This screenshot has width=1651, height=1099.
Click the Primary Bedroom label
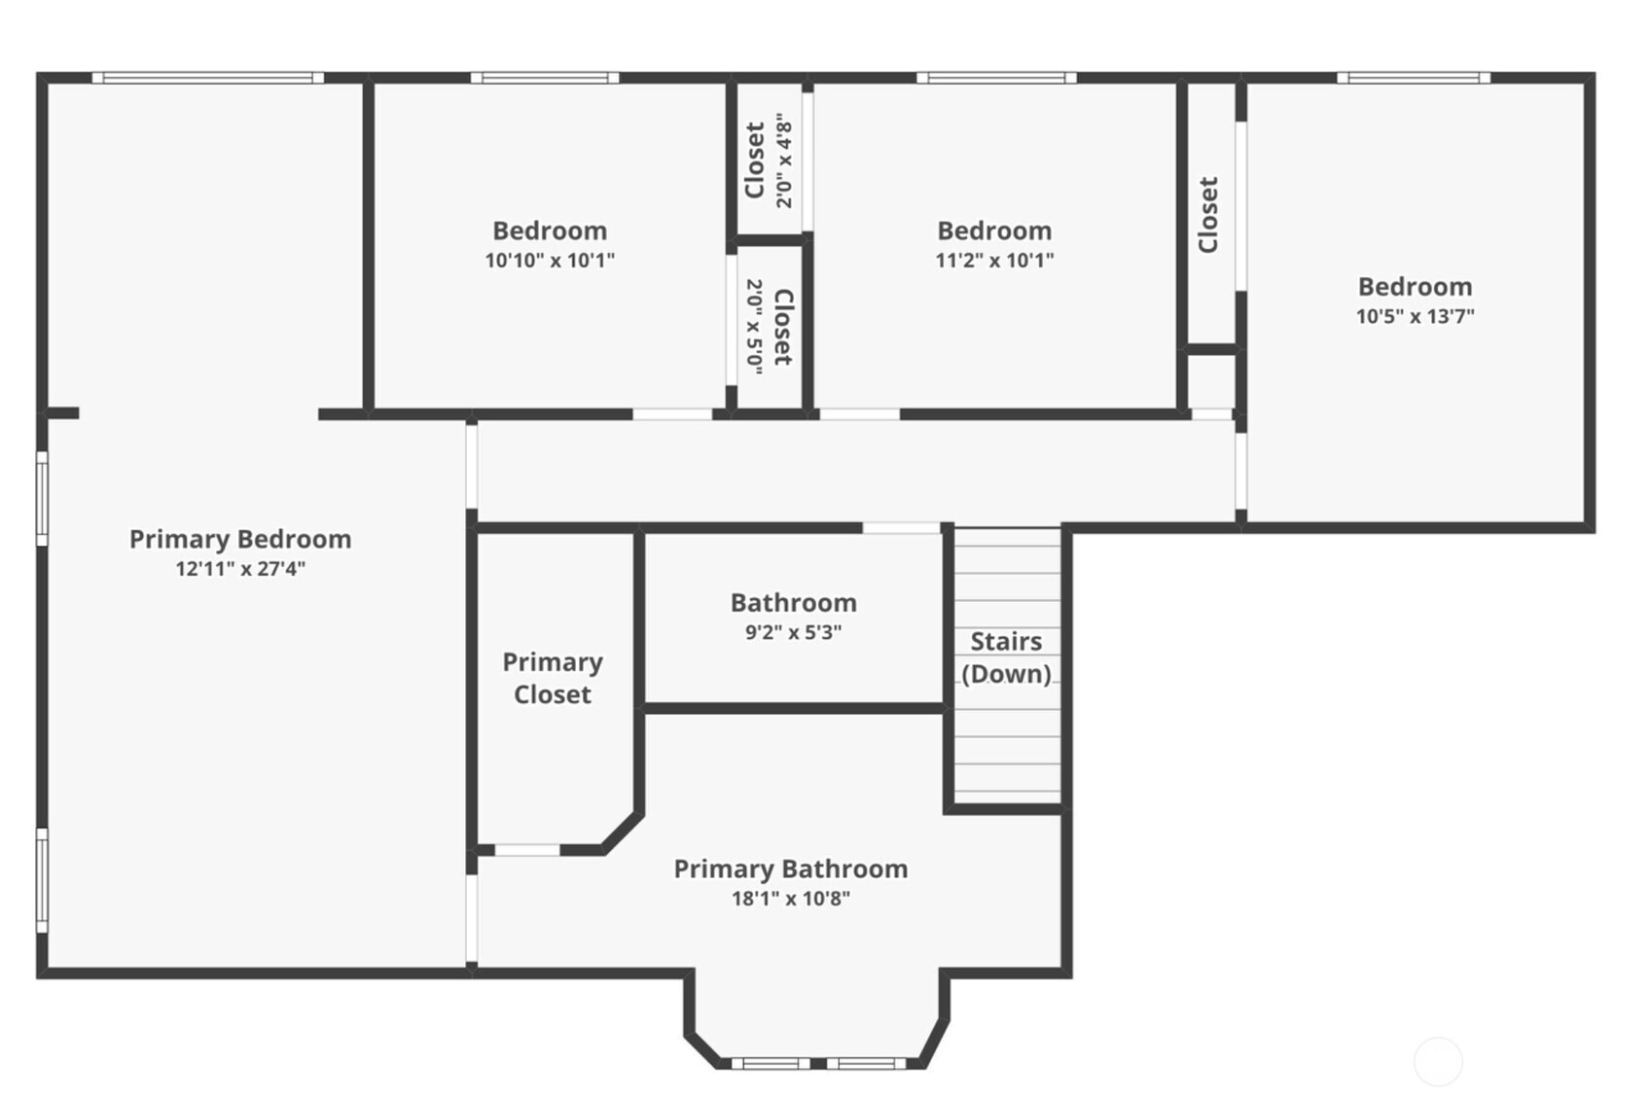pos(240,540)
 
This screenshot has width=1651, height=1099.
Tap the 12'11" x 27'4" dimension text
pos(240,569)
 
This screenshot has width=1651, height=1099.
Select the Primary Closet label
pos(553,679)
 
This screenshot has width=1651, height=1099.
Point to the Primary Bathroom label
pos(791,869)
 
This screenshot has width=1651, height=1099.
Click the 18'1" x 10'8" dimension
pos(791,899)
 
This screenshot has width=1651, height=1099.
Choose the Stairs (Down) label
pos(1006,657)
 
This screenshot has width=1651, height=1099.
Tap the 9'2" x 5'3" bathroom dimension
pos(793,632)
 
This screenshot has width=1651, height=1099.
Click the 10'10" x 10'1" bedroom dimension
pos(550,260)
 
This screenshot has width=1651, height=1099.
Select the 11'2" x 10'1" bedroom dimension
pos(994,260)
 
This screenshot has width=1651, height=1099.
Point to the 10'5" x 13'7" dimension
pos(1416,316)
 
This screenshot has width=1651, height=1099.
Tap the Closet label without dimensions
pos(1208,214)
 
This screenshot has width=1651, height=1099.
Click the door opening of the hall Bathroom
pos(902,528)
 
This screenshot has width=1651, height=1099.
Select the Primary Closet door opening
pos(527,850)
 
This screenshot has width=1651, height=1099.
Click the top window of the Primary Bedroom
pos(208,78)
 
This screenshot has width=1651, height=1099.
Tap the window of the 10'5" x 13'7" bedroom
pos(1414,78)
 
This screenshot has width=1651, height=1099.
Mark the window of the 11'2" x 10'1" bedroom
pos(996,78)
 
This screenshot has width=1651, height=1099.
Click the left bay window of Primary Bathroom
pos(771,1063)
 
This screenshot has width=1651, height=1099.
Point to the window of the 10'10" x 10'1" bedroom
pos(545,78)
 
